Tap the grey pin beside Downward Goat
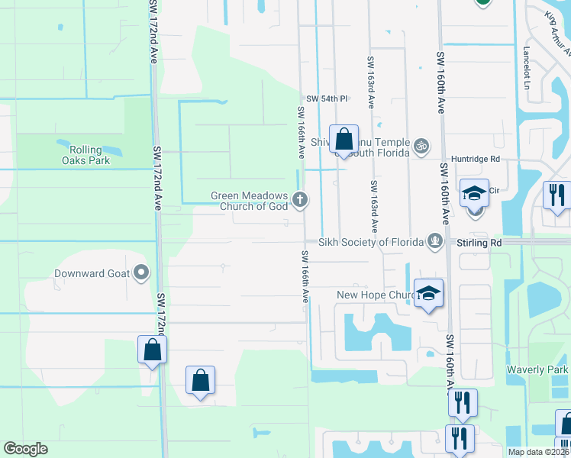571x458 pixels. click(x=141, y=273)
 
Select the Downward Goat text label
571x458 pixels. click(x=92, y=273)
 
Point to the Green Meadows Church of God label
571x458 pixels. click(x=250, y=201)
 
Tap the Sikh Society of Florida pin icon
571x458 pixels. click(x=435, y=242)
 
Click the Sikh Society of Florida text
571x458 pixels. click(x=371, y=243)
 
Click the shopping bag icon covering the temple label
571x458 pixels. click(x=344, y=140)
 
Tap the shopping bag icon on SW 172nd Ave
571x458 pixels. click(x=153, y=350)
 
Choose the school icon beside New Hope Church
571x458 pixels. click(x=429, y=294)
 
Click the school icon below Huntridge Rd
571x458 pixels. click(x=474, y=194)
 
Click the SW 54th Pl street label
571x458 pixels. click(x=327, y=99)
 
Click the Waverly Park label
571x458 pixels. click(x=537, y=370)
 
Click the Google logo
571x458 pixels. click(x=25, y=449)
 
